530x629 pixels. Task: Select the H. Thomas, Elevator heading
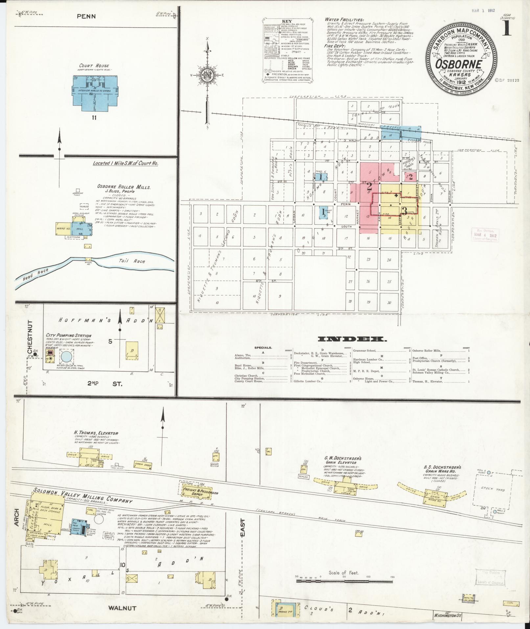coord(97,433)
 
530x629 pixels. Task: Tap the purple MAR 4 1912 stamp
coord(484,235)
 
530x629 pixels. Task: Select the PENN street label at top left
coord(86,16)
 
